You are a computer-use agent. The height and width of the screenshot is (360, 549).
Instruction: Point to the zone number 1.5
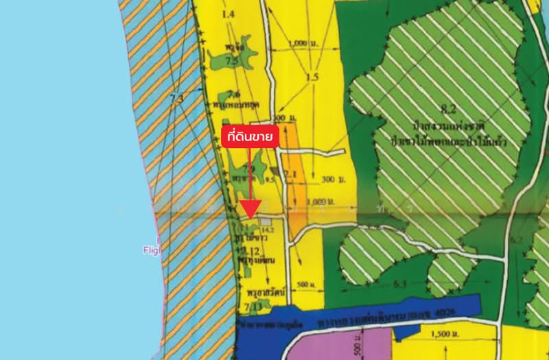(x=312, y=77)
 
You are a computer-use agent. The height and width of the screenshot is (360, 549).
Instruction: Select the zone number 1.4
(x=229, y=14)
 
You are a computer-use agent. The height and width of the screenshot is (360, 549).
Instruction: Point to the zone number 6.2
(x=517, y=240)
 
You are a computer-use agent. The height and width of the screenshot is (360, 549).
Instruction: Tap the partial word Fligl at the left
(x=151, y=251)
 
